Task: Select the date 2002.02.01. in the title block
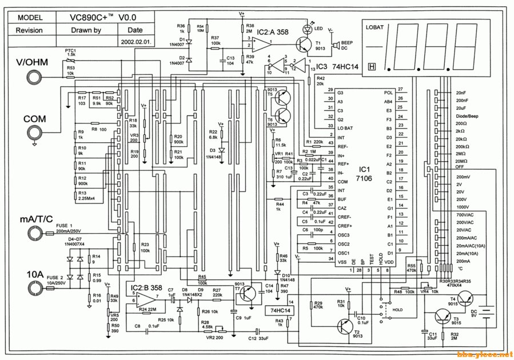(x=135, y=42)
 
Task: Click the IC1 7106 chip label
(x=364, y=175)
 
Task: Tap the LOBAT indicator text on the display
(x=375, y=26)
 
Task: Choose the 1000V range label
(x=464, y=207)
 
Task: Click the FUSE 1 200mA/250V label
(x=71, y=227)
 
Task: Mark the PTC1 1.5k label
(x=70, y=52)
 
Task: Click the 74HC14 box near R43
(x=278, y=310)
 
